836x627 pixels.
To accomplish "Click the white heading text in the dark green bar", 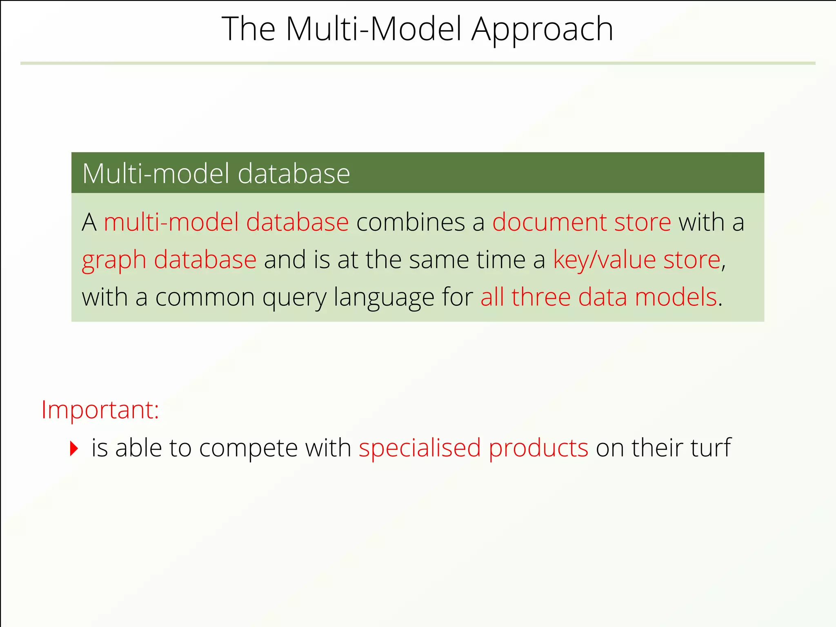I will pos(216,173).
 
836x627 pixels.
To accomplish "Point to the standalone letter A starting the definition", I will pos(89,222).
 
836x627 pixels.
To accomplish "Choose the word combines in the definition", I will pos(410,222).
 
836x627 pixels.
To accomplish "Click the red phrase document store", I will pos(581,222).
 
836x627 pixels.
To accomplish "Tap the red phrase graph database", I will pos(169,260).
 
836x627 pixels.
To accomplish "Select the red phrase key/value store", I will pos(636,260).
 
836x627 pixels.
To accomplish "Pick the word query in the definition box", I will pos(294,298).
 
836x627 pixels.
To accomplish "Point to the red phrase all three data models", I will pos(598,297).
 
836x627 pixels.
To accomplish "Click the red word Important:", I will pos(100,409).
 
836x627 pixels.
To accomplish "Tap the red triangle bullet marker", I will pos(74,448).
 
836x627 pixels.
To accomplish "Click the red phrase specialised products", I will pos(473,448).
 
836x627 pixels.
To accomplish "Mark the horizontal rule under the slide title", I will pos(418,63).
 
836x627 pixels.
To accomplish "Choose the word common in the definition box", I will pos(205,298).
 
